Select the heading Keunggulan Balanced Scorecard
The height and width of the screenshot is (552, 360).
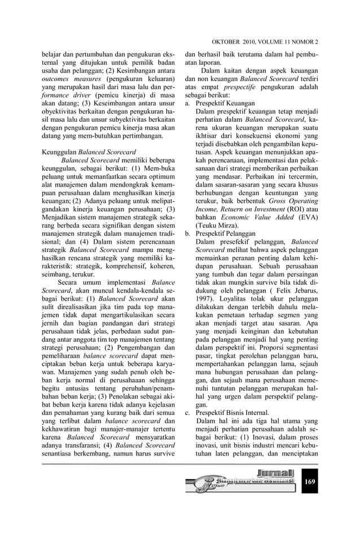[89, 152]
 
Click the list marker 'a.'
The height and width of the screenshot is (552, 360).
[188, 104]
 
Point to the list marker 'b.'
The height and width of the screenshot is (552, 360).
[188, 233]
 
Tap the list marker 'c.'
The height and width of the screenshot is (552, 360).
[188, 413]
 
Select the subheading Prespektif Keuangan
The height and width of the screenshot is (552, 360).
[225, 104]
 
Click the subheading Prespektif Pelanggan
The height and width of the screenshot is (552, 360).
[226, 233]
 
